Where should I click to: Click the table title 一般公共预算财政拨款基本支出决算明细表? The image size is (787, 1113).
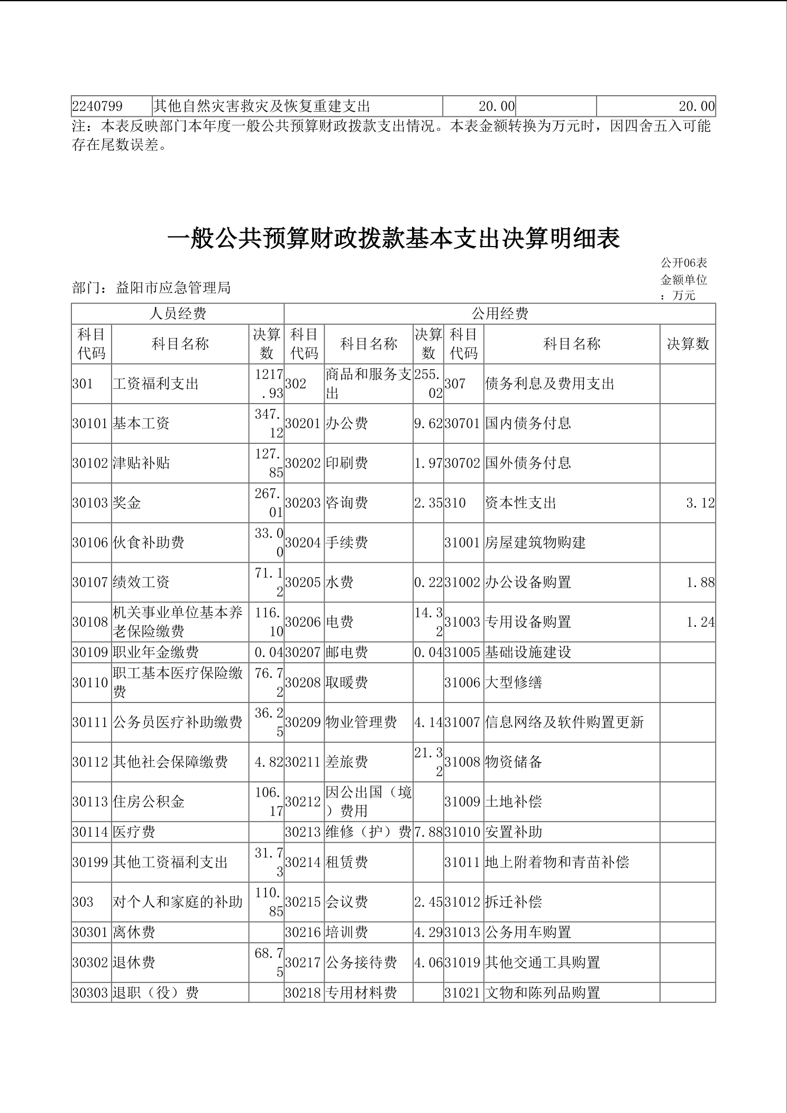point(393,239)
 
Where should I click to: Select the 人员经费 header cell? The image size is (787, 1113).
point(178,314)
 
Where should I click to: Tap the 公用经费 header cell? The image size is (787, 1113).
point(499,314)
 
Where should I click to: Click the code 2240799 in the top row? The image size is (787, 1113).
point(97,106)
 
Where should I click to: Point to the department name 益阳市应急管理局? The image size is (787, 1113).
point(173,288)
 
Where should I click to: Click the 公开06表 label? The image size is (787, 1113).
point(683,263)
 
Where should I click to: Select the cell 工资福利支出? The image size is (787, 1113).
point(155,384)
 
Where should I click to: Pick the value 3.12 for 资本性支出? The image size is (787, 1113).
point(700,503)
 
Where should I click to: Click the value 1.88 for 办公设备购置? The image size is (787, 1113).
point(700,582)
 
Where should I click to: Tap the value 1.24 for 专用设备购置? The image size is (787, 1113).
point(700,622)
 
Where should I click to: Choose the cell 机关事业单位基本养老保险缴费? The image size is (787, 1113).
point(178,622)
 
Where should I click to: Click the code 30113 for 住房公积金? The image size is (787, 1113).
point(90,801)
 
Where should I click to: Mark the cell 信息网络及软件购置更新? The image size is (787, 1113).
point(564,722)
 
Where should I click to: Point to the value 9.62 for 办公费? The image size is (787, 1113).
point(428,423)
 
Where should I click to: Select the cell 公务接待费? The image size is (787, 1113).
point(361,962)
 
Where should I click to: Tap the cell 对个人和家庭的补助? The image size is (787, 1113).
point(178,902)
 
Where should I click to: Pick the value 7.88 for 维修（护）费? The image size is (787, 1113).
point(428,832)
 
